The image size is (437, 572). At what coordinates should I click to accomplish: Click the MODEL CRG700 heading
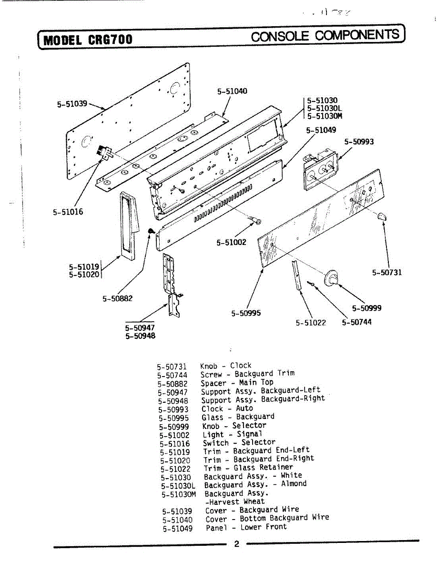click(88, 39)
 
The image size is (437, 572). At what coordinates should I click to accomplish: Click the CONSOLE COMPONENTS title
click(325, 35)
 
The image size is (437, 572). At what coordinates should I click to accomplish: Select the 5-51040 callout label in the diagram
click(232, 91)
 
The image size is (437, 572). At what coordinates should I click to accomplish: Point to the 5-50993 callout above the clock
click(359, 142)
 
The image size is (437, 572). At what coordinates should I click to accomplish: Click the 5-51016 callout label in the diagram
click(68, 211)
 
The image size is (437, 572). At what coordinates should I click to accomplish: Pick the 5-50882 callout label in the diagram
click(117, 298)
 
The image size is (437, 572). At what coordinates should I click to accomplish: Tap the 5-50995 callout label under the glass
click(246, 313)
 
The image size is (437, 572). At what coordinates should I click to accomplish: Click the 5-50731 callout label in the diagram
click(387, 272)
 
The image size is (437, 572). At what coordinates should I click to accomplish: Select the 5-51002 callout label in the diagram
click(231, 242)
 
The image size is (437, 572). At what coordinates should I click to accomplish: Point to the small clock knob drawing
click(381, 217)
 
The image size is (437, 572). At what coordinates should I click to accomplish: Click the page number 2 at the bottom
click(237, 544)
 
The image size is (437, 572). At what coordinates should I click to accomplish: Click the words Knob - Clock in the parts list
click(225, 366)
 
